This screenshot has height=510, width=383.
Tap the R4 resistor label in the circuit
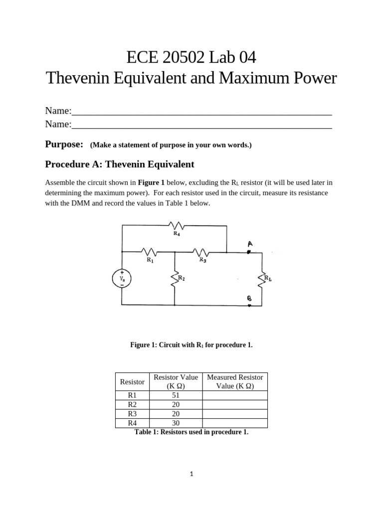point(177,233)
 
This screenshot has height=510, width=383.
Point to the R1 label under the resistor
point(150,259)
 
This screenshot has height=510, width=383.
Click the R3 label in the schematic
point(202,259)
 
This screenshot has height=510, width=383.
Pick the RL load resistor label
point(268,278)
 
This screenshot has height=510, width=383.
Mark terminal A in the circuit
point(249,244)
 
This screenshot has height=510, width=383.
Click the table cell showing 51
point(176,395)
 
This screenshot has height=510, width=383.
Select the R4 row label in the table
point(132,423)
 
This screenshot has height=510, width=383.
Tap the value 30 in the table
point(176,423)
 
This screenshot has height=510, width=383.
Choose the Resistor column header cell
point(132,382)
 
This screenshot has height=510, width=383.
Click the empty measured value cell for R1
point(234,395)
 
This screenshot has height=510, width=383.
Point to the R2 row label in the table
point(132,404)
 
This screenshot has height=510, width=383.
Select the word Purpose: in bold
point(64,144)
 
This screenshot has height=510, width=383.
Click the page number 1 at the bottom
point(191,474)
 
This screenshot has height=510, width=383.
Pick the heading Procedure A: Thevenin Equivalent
point(120,164)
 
